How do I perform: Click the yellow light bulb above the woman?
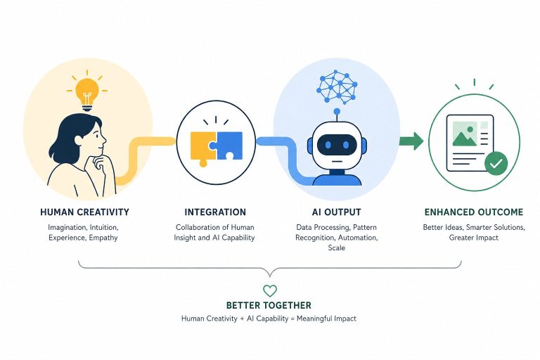(x=86, y=94)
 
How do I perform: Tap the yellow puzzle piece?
(x=203, y=147)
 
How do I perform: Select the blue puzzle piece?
(x=229, y=146)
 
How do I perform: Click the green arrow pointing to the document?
(x=411, y=141)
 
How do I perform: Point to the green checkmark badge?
(x=496, y=164)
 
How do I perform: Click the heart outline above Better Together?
(x=270, y=291)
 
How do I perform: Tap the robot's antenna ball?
(x=337, y=112)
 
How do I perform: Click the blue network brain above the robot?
(x=337, y=86)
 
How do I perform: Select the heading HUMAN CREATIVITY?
(x=84, y=212)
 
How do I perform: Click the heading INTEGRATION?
(x=215, y=212)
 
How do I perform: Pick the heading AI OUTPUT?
(x=337, y=212)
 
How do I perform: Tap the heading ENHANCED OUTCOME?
(x=474, y=212)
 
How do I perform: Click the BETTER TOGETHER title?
(x=269, y=305)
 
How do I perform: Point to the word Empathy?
(x=103, y=238)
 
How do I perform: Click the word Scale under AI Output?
(x=337, y=247)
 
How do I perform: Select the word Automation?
(x=358, y=238)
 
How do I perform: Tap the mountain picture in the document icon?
(x=465, y=134)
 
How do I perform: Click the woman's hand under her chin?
(x=100, y=163)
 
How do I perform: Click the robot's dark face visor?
(x=336, y=145)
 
